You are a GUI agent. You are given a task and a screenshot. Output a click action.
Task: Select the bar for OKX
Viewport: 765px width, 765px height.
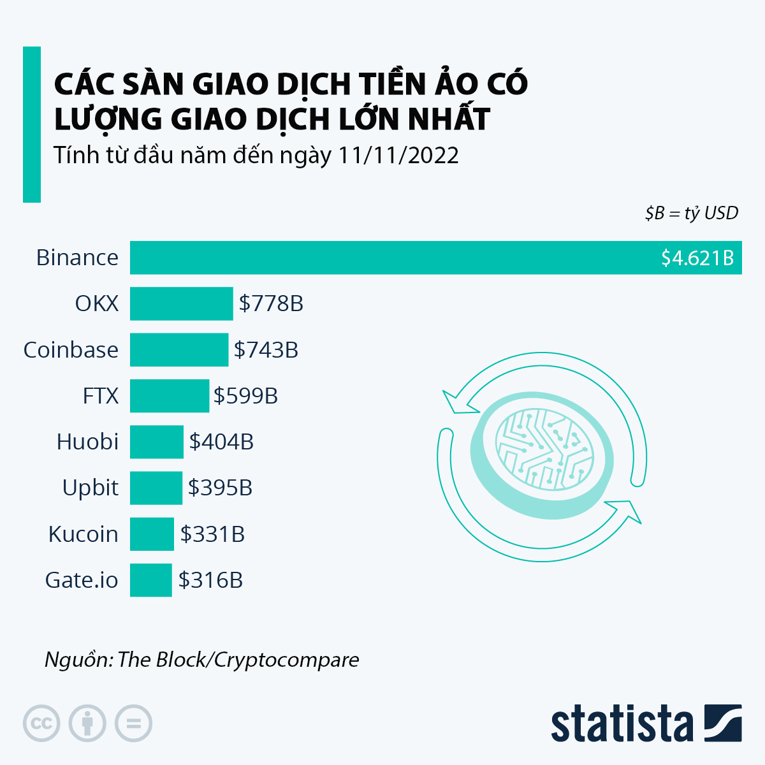point(182,303)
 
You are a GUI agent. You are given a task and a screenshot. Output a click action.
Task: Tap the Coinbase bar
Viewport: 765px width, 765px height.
point(179,350)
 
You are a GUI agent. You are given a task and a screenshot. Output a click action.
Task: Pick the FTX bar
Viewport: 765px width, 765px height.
point(170,396)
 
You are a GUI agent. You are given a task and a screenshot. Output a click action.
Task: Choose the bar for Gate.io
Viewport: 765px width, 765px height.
point(151,580)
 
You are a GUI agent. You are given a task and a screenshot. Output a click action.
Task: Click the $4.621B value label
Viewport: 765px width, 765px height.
point(697,258)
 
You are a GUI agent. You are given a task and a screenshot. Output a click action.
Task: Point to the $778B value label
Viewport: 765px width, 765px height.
point(271,303)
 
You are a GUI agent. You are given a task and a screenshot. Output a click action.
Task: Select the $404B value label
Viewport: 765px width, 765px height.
point(221,442)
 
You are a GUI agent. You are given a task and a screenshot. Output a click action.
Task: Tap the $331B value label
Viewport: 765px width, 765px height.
point(212,534)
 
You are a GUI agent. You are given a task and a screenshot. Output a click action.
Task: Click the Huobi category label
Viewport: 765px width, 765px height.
point(88,442)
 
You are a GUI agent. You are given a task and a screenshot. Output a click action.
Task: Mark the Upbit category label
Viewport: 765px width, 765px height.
point(91,488)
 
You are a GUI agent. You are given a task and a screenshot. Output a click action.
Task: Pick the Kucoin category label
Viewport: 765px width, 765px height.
point(84,534)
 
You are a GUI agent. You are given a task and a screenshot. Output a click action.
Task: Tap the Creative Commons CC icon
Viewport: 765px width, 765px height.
point(41,724)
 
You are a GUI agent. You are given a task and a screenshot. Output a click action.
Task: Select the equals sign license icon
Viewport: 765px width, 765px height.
point(133,724)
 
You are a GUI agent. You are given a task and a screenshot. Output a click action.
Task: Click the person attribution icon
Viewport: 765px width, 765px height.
point(87,724)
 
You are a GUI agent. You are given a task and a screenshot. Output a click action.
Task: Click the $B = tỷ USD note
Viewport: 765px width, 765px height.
point(692,213)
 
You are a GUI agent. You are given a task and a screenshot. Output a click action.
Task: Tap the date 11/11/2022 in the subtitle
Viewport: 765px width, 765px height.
point(398,156)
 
